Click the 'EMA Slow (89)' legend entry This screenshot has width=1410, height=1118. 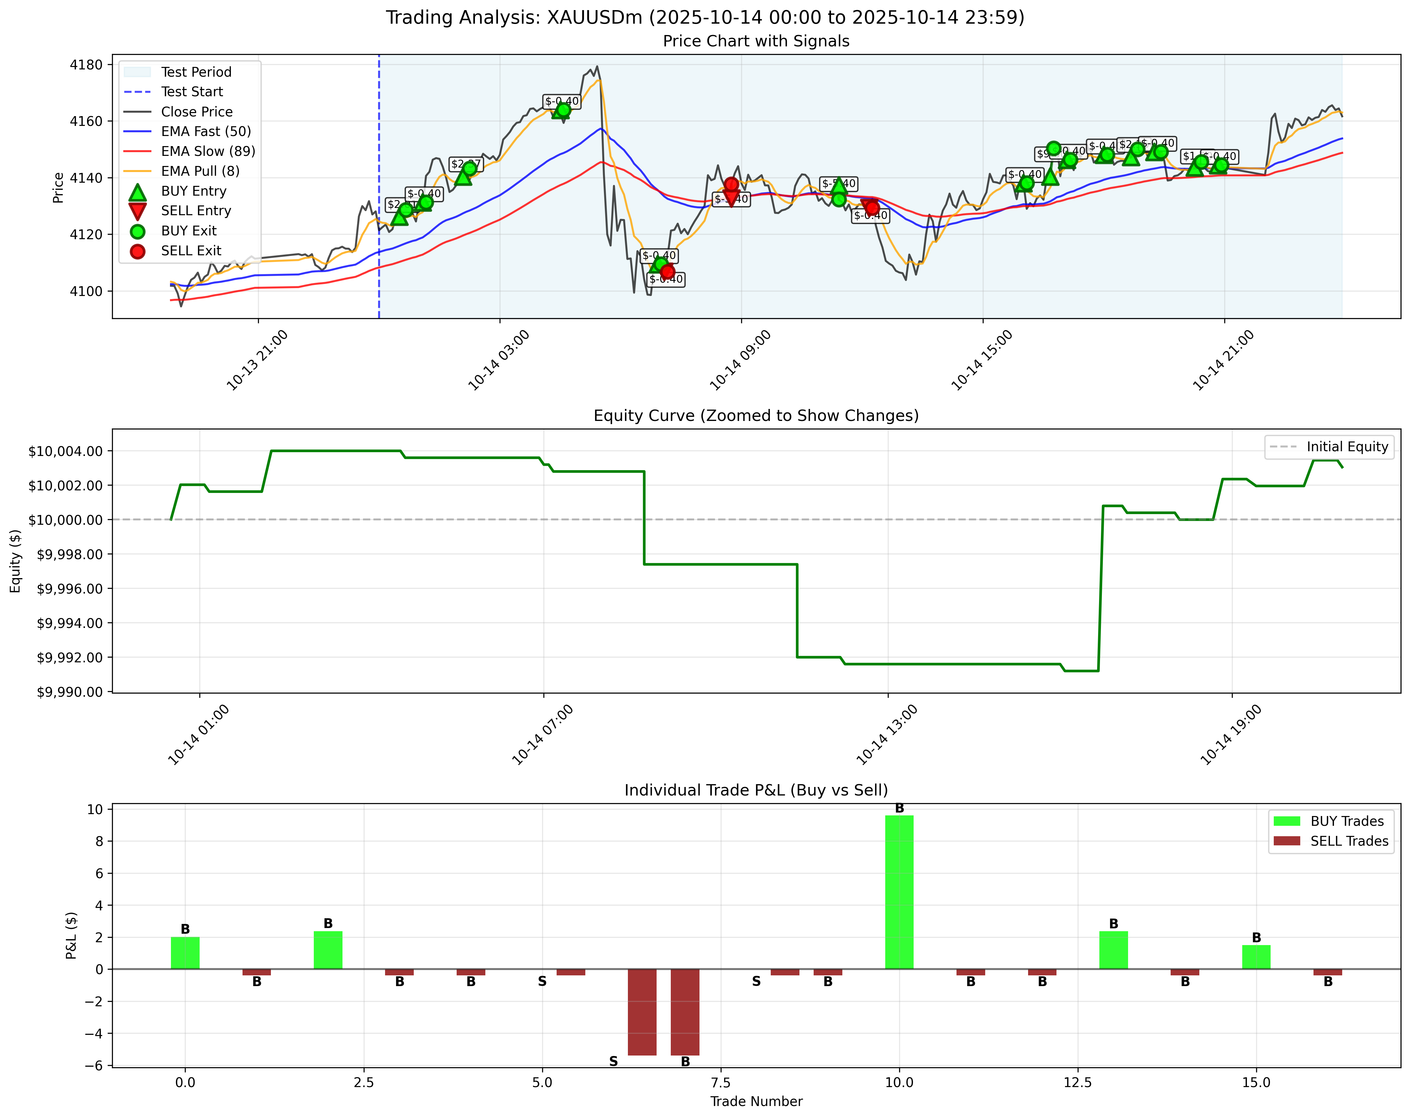pyautogui.click(x=208, y=151)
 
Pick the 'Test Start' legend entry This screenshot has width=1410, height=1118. pyautogui.click(x=192, y=92)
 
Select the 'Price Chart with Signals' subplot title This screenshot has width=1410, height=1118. pyautogui.click(x=756, y=41)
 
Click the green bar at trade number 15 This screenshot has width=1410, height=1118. pyautogui.click(x=1256, y=957)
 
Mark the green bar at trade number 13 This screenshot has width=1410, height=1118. pyautogui.click(x=1114, y=950)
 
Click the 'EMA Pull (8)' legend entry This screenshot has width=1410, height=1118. pyautogui.click(x=200, y=171)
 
